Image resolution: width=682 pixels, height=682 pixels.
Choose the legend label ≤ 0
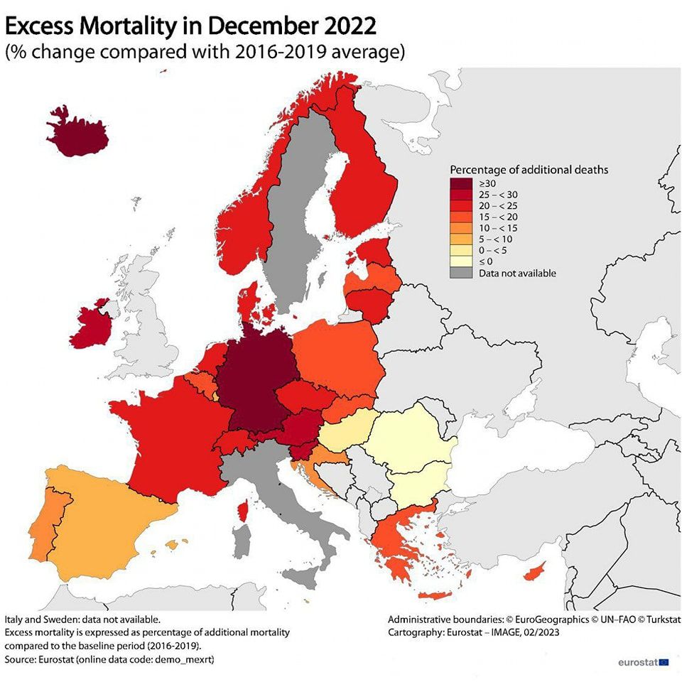[x=486, y=261]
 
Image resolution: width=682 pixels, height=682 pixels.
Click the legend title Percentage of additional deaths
[x=529, y=170]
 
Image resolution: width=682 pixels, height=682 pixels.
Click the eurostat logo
[x=642, y=662]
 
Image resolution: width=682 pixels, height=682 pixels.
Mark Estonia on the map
[x=374, y=251]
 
